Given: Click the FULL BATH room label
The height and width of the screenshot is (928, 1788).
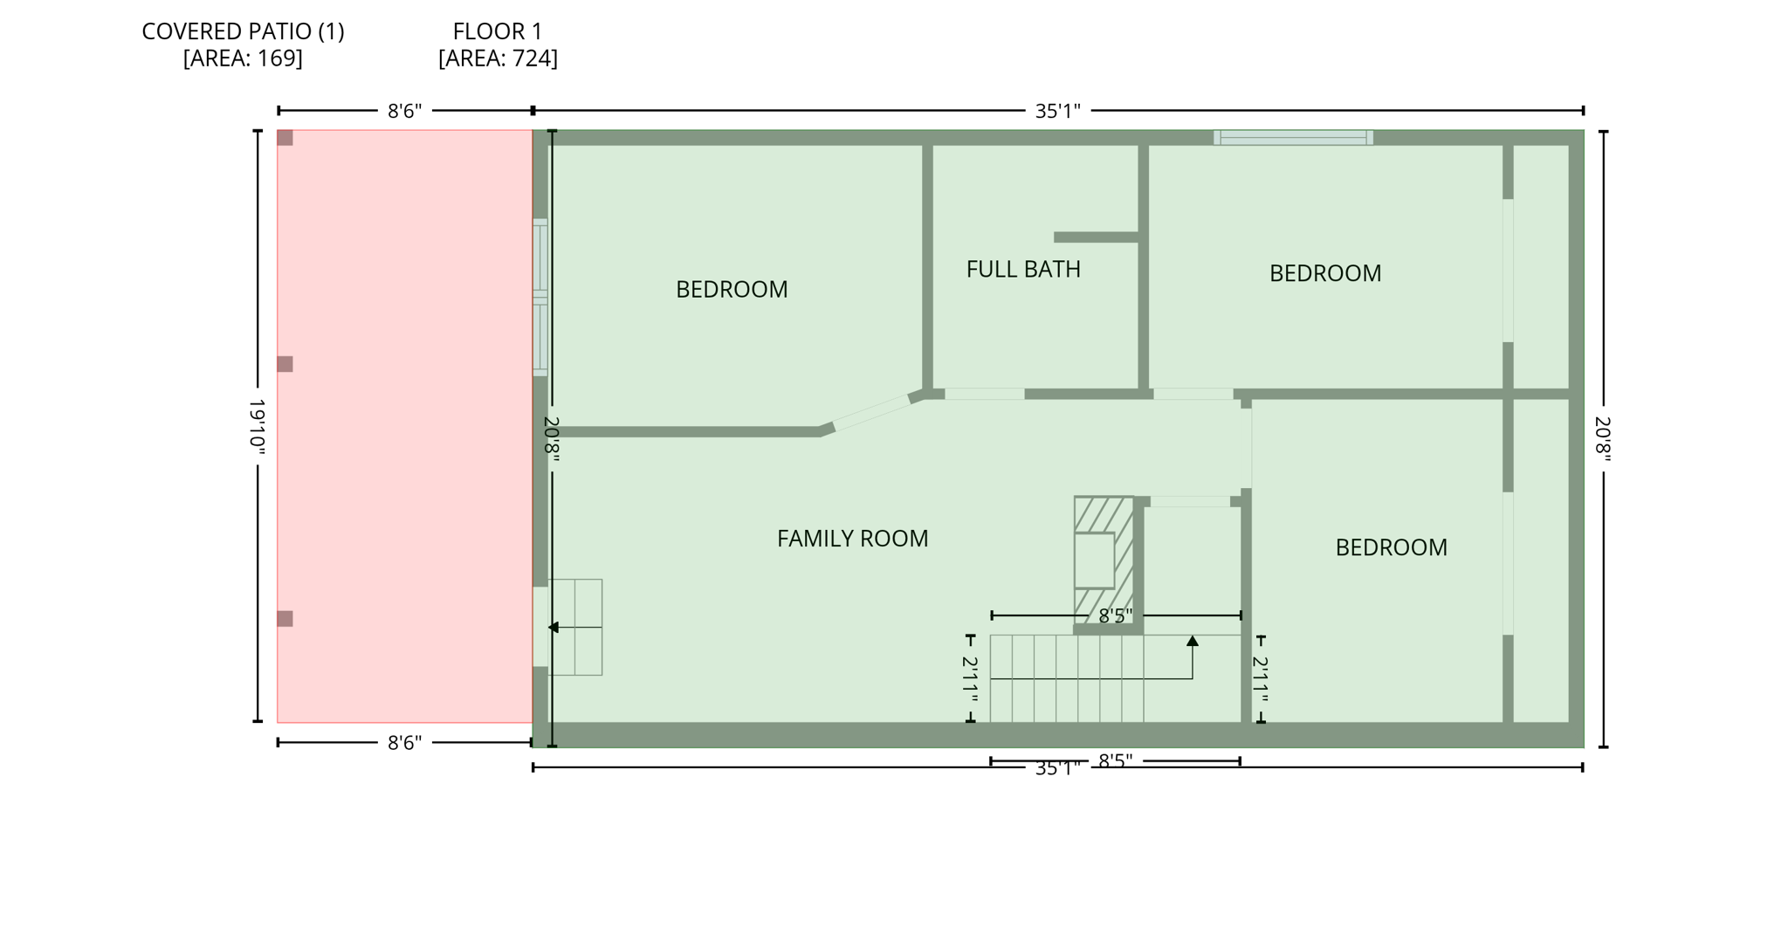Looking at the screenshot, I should (x=1022, y=269).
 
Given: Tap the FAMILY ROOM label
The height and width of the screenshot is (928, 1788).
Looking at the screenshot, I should (x=852, y=539).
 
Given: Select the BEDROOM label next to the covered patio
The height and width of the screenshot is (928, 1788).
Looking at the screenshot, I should (x=732, y=289).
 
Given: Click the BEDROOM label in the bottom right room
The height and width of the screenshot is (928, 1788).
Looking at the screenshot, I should (x=1391, y=547).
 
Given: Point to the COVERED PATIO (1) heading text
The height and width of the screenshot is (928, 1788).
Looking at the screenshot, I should (x=243, y=31).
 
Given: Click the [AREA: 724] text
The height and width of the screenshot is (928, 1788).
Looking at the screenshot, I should (x=498, y=58).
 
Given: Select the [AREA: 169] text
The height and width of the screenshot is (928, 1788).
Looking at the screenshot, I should (x=243, y=58).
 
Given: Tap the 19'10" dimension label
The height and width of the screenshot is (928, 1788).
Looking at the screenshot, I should (x=258, y=426).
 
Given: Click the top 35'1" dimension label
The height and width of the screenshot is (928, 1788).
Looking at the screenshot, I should (x=1057, y=111).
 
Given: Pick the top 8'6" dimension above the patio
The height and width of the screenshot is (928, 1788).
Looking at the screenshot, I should (x=404, y=111).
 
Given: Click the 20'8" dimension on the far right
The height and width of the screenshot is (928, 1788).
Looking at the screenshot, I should (x=1603, y=438).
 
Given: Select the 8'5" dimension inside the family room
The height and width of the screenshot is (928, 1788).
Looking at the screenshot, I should (x=1115, y=616).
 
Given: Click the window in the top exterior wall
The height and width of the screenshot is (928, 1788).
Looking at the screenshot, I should (x=1292, y=137).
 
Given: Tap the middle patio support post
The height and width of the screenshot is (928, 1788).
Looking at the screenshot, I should (x=285, y=364).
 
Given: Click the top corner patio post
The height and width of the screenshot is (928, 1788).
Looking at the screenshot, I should (x=285, y=138).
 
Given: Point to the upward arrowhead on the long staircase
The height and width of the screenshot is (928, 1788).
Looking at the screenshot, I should (x=1192, y=642).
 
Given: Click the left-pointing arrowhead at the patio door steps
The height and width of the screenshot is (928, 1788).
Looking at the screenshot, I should (x=553, y=628).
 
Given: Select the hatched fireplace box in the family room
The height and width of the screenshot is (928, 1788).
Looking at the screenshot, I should (x=1103, y=559).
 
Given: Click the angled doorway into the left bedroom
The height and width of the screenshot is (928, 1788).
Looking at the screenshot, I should (x=871, y=412).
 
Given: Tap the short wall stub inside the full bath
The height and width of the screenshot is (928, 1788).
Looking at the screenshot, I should (x=1096, y=237).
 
